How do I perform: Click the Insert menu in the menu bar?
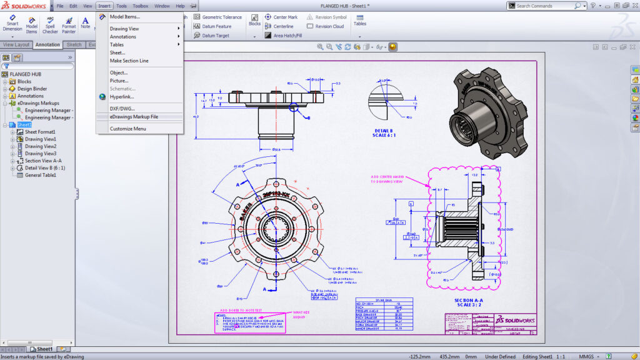click(x=104, y=6)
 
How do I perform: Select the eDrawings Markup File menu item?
click(x=134, y=117)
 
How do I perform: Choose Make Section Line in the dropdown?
click(x=129, y=61)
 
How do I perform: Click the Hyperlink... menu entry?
click(x=122, y=97)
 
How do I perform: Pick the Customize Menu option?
click(x=127, y=129)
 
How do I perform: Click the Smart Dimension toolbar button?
click(x=12, y=25)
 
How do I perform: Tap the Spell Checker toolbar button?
click(x=50, y=25)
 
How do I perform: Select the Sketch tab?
click(x=74, y=45)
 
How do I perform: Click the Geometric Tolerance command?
click(x=217, y=17)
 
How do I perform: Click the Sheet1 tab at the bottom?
click(x=44, y=349)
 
